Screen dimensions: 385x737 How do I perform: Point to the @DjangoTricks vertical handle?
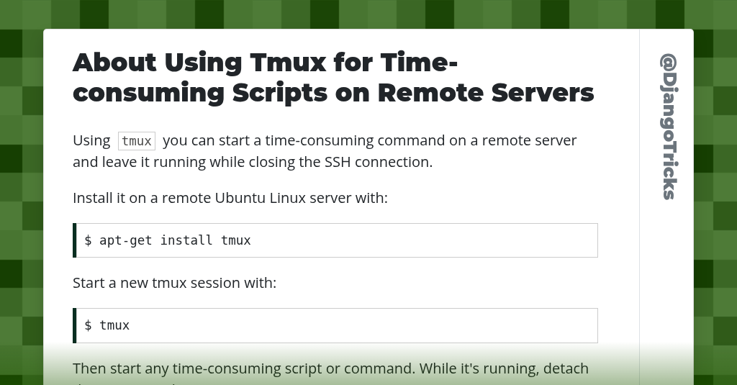pos(669,127)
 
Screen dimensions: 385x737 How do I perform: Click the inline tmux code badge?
pos(137,141)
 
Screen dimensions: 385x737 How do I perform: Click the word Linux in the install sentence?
pos(288,198)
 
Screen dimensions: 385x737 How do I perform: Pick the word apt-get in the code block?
pos(126,240)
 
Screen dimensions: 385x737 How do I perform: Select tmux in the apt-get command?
pos(236,240)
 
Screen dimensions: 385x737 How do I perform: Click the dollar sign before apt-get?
pos(88,240)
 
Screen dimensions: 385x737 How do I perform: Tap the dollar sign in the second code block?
pos(88,325)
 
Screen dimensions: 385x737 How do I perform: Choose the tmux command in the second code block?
pos(114,325)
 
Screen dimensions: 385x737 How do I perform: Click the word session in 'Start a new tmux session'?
pos(210,283)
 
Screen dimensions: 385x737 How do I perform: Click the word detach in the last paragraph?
pos(566,368)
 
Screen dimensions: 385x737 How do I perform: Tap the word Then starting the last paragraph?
pos(89,368)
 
